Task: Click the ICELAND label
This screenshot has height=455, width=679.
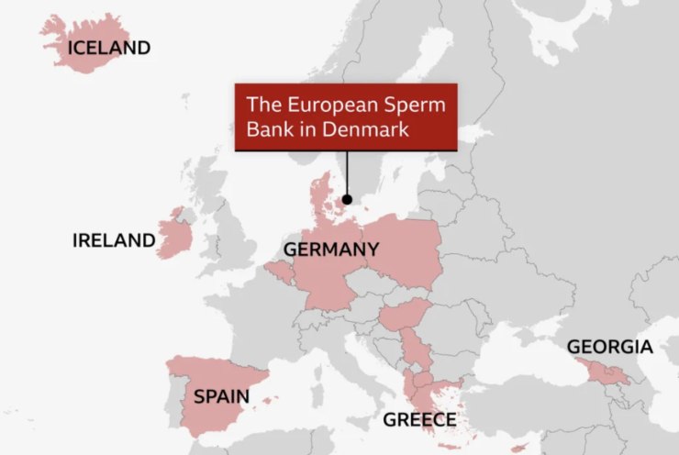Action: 107,47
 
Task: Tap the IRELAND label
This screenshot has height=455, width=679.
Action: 114,240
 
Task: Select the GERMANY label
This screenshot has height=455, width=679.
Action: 330,250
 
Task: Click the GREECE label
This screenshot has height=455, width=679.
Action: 419,420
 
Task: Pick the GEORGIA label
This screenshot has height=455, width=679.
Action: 609,347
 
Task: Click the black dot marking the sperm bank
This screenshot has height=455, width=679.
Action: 347,199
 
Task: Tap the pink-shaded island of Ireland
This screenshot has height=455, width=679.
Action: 174,237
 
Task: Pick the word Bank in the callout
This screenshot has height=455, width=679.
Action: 269,130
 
